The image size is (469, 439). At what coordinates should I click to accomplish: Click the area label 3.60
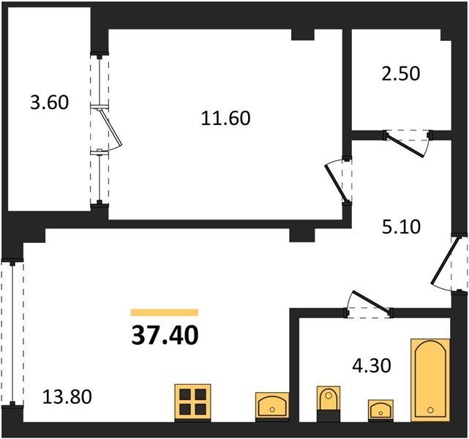(x=50, y=102)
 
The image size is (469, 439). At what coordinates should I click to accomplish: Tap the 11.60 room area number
(x=226, y=118)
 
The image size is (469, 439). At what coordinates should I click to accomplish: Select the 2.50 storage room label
(x=401, y=74)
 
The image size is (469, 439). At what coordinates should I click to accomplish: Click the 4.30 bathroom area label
(x=372, y=365)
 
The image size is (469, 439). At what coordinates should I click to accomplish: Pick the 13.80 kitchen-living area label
(x=67, y=397)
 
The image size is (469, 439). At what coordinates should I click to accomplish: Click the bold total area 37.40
(x=165, y=335)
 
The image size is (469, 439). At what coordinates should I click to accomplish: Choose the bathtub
(x=430, y=380)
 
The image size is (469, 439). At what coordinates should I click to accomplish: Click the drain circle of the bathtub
(x=431, y=410)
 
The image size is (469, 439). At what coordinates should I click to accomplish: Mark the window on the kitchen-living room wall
(x=12, y=332)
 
